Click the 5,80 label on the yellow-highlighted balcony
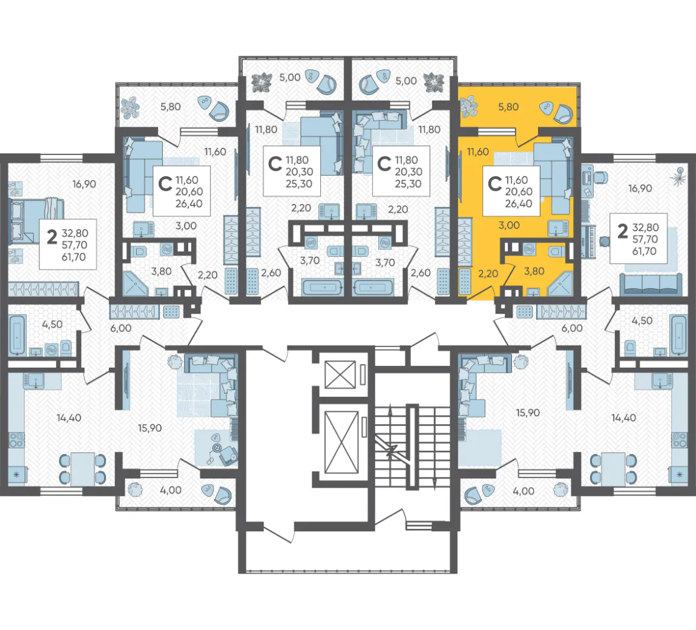508,107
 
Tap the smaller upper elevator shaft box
341,374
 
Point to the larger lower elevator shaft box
341,442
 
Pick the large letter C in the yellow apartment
494,183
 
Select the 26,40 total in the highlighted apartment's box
519,204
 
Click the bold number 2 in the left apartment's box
52,237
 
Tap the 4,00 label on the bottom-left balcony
171,490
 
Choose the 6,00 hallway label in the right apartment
572,328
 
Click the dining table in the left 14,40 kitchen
82,469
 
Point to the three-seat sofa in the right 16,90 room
651,284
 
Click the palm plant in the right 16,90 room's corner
678,176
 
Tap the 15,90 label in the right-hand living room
528,413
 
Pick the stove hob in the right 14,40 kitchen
678,439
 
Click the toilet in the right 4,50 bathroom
630,348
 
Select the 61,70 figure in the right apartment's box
645,251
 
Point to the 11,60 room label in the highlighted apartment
478,152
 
